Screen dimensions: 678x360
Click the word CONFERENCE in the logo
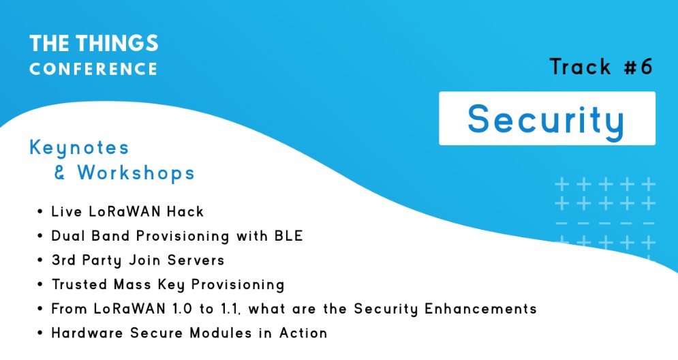(93, 69)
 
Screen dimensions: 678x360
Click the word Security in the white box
(546, 120)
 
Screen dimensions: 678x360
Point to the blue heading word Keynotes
(79, 149)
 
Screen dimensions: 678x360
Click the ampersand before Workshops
(60, 172)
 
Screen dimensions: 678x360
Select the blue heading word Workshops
(136, 173)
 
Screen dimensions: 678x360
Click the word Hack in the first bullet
(185, 211)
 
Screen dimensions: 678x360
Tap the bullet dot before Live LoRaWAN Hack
(40, 212)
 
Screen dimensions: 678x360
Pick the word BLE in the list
(289, 236)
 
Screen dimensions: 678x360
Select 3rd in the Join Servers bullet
(63, 260)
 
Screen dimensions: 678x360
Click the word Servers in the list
(196, 260)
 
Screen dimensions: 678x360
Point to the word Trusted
(79, 284)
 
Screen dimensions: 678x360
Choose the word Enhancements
(480, 308)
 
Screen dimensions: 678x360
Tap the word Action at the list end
(303, 333)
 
